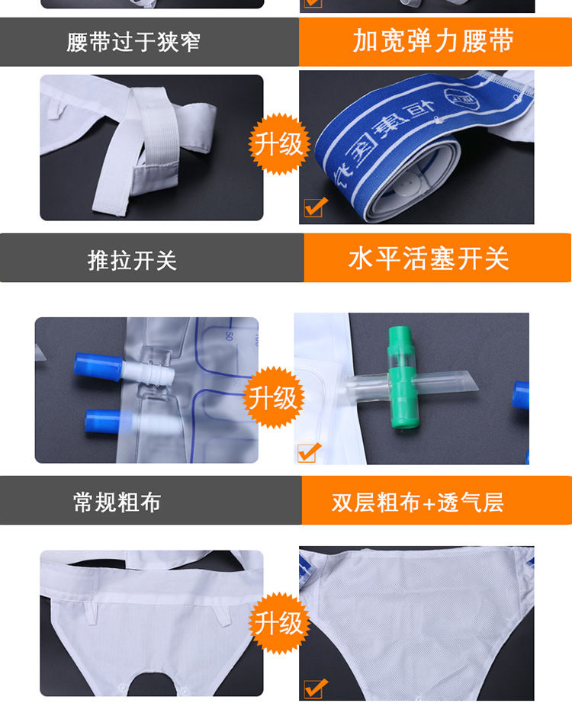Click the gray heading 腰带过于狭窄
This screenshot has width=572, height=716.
point(133,42)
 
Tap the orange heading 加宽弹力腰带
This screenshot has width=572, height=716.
point(432,41)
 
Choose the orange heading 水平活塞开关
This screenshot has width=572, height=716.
point(429,259)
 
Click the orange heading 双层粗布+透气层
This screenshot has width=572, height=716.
point(417,502)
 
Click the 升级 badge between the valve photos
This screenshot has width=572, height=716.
point(274,397)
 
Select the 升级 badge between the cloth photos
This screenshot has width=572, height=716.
point(278,623)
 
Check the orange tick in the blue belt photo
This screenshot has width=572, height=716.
point(315,207)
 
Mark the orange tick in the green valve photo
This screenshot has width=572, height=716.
point(309,452)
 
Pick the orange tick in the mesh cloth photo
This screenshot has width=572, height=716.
point(315,689)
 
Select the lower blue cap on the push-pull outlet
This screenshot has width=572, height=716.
point(103,420)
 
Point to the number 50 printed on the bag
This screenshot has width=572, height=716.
point(228,333)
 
